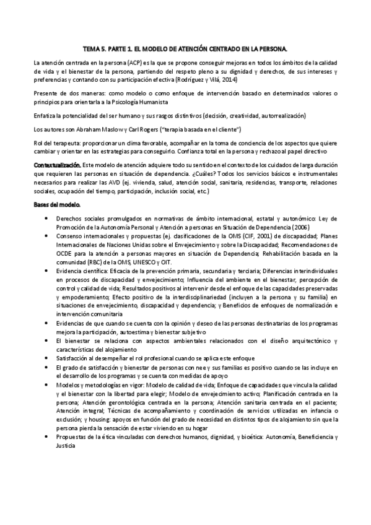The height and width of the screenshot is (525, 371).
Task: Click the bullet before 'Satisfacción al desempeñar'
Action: [48, 357]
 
